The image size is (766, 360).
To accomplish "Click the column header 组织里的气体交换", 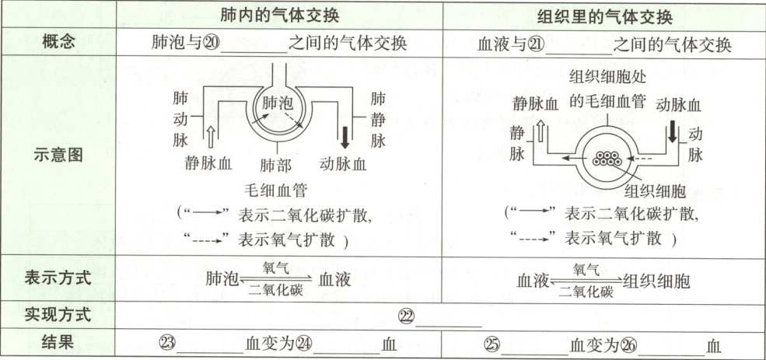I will click(605, 17).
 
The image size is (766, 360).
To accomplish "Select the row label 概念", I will click(59, 44).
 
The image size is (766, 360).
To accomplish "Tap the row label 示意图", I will click(59, 153).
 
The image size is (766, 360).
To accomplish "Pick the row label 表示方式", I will click(59, 278).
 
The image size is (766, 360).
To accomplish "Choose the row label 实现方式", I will click(59, 315).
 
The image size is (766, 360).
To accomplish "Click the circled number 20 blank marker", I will click(211, 44).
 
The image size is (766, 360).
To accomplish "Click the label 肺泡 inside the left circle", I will click(278, 102).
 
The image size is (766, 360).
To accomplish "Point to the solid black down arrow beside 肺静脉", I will click(345, 135).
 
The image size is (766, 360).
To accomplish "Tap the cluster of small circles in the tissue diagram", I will click(604, 157).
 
